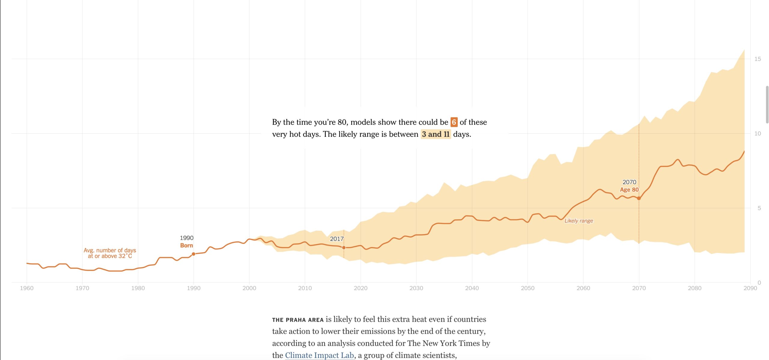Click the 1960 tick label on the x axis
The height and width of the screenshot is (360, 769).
pyautogui.click(x=26, y=288)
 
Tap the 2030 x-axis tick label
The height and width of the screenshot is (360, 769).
pyautogui.click(x=416, y=288)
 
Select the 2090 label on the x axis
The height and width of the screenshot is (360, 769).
pyautogui.click(x=750, y=288)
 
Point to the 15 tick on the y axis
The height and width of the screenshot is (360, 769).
pyautogui.click(x=758, y=59)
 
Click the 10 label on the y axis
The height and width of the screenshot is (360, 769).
pyautogui.click(x=758, y=133)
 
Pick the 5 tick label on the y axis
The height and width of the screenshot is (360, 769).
pyautogui.click(x=759, y=208)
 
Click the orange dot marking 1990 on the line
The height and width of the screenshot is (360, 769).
pyautogui.click(x=193, y=254)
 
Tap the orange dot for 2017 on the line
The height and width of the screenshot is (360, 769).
pyautogui.click(x=344, y=248)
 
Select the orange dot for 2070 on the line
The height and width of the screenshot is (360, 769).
pyautogui.click(x=639, y=198)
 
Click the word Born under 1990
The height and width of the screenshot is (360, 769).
pyautogui.click(x=187, y=246)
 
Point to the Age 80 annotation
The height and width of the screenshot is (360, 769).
pyautogui.click(x=629, y=190)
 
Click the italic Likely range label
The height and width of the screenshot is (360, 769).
pyautogui.click(x=579, y=221)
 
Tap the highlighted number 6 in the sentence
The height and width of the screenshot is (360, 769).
pyautogui.click(x=454, y=122)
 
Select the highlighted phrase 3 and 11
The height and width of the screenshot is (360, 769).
pyautogui.click(x=436, y=134)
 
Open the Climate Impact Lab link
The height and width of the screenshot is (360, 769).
pyautogui.click(x=319, y=355)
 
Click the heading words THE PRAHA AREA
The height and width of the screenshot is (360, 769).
pyautogui.click(x=298, y=320)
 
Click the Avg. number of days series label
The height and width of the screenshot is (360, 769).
pyautogui.click(x=110, y=253)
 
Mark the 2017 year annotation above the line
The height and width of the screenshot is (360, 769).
pyautogui.click(x=336, y=239)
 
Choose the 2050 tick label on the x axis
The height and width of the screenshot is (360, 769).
pyautogui.click(x=527, y=288)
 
